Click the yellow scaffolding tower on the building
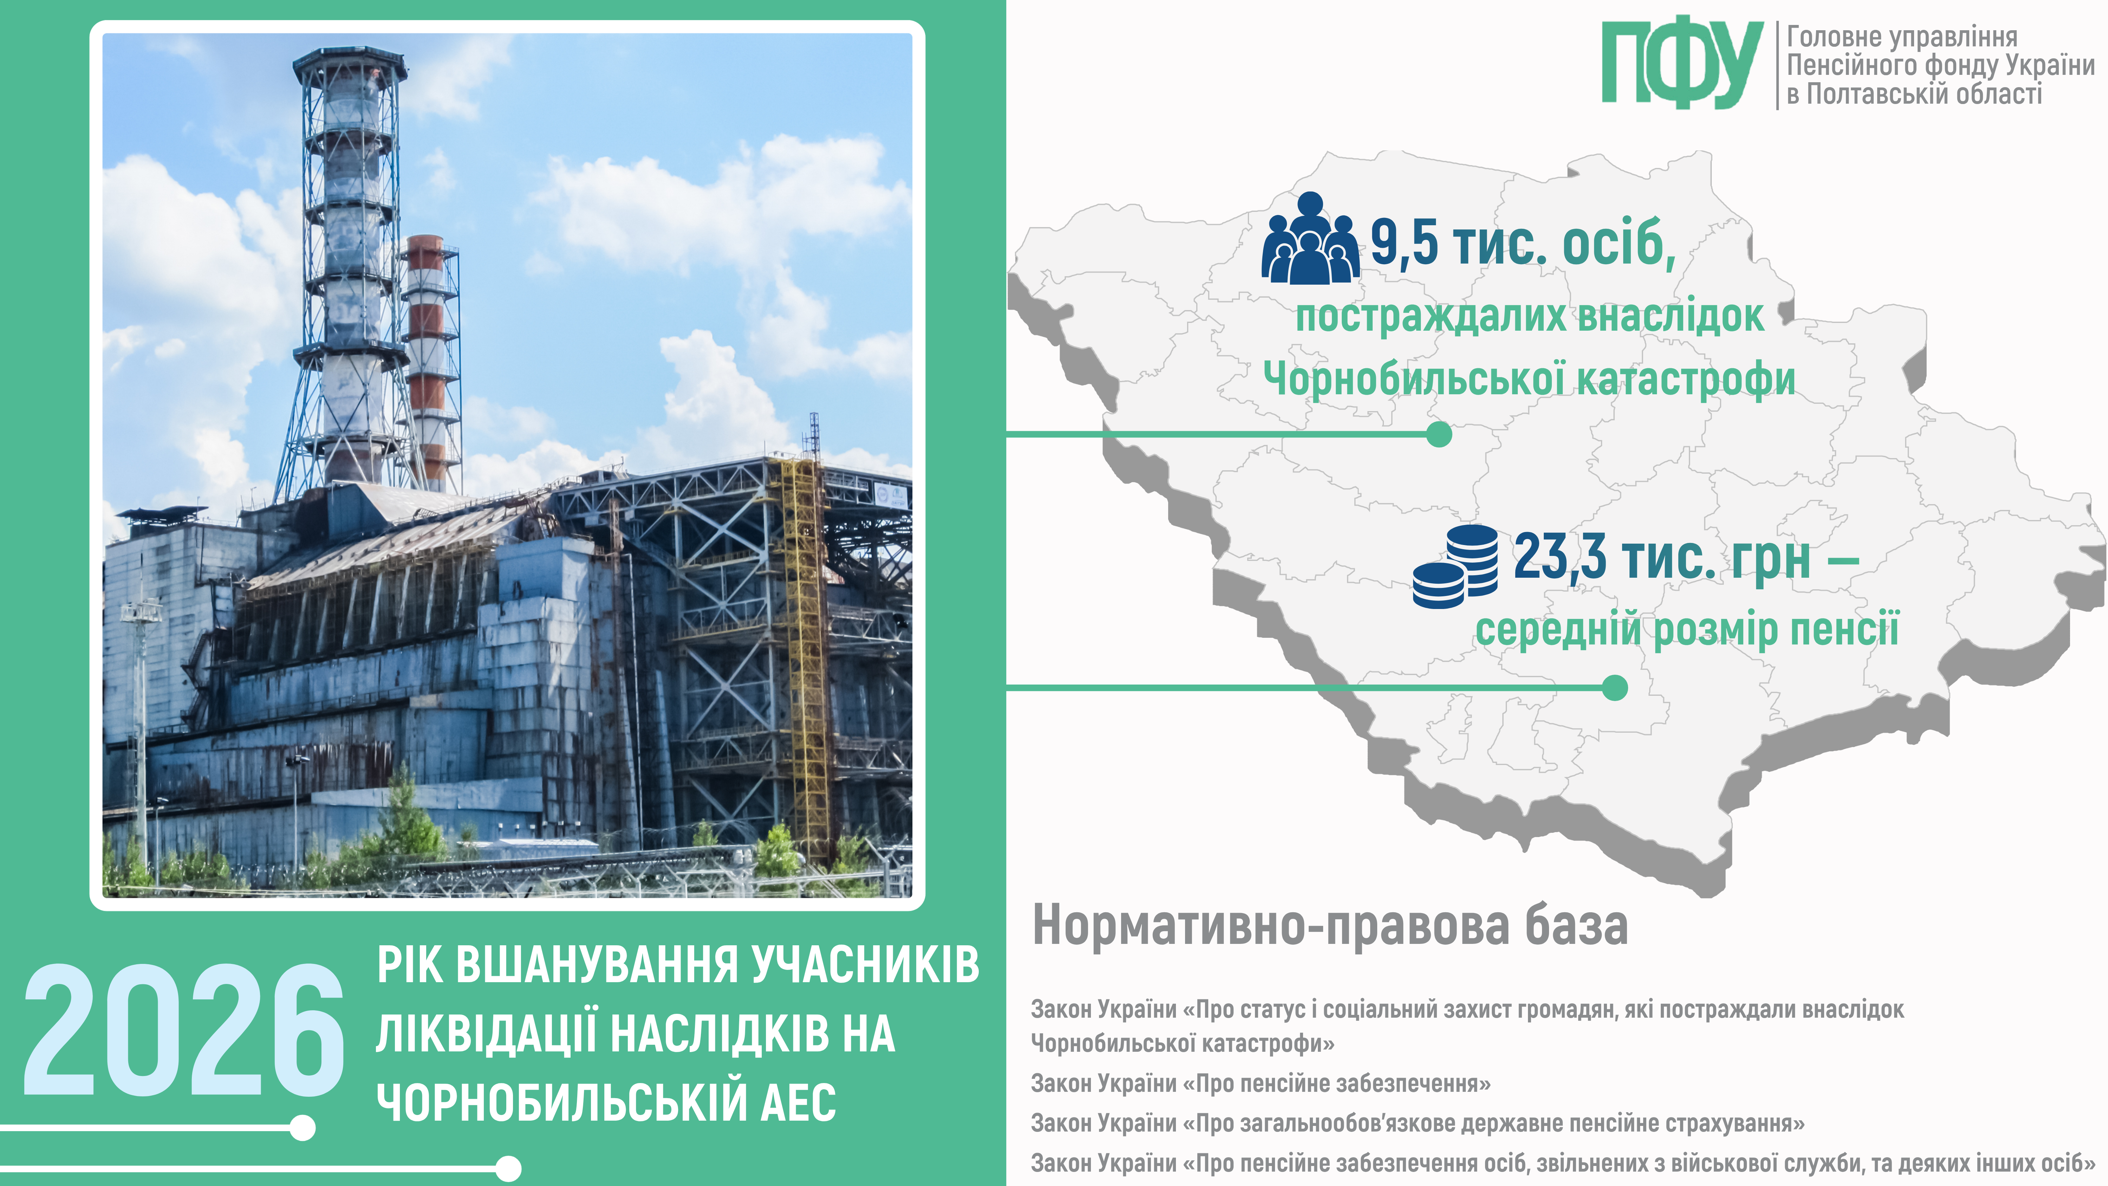(806, 655)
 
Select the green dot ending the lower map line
(1614, 688)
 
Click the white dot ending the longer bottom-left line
(508, 1168)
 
